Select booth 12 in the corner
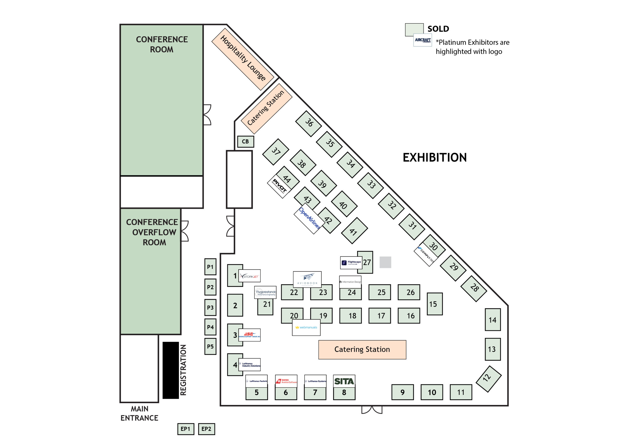click(x=488, y=379)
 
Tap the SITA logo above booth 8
click(x=344, y=381)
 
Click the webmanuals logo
click(x=306, y=327)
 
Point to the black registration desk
click(x=170, y=370)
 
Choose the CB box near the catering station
click(x=245, y=141)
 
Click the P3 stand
click(x=210, y=307)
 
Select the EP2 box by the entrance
click(x=206, y=429)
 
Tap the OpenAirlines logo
click(x=309, y=218)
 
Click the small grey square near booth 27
click(x=385, y=262)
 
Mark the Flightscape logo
click(x=351, y=262)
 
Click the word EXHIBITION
click(x=434, y=157)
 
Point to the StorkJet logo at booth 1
click(x=249, y=276)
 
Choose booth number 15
click(x=434, y=304)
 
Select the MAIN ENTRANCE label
click(x=139, y=413)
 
